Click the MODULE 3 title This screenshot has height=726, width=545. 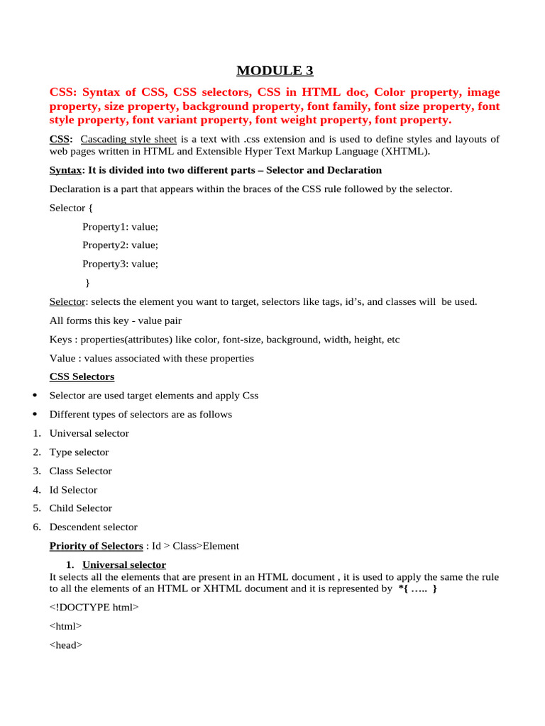274,70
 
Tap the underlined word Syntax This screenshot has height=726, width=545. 65,170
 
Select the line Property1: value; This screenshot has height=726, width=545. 120,226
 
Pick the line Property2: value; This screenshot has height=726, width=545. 120,245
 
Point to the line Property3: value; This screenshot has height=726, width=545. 120,264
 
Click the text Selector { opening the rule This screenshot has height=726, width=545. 70,208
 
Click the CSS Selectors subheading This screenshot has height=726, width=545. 82,376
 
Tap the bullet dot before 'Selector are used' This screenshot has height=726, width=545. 35,396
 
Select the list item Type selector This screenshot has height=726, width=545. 79,452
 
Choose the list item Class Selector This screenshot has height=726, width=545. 80,471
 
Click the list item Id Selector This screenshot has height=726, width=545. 73,490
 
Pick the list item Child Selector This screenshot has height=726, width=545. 80,508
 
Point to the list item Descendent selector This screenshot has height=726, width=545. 93,527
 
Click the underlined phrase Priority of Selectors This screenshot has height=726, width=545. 96,546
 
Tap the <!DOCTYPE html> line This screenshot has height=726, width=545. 94,608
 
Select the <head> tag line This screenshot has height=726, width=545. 66,645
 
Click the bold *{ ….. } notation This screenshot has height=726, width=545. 418,588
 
